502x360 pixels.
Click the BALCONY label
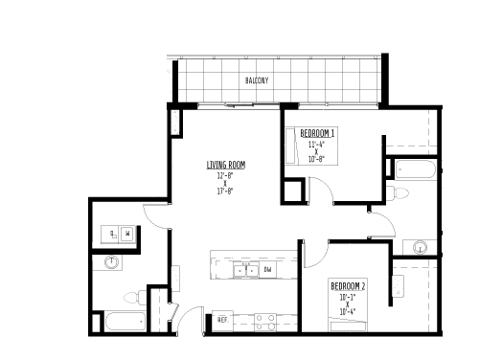click(255, 80)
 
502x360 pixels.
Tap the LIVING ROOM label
click(225, 166)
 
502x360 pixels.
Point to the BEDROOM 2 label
click(349, 286)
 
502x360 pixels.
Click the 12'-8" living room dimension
click(225, 175)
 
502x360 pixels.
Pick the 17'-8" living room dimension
click(225, 191)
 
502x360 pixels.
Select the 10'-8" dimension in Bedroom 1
click(316, 160)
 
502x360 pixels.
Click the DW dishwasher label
click(267, 270)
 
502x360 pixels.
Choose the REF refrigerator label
click(221, 319)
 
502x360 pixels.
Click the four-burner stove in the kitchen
click(264, 320)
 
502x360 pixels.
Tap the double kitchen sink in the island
click(239, 270)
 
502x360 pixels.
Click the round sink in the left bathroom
click(112, 260)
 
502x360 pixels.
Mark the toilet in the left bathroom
click(133, 297)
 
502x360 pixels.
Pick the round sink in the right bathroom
click(419, 248)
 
